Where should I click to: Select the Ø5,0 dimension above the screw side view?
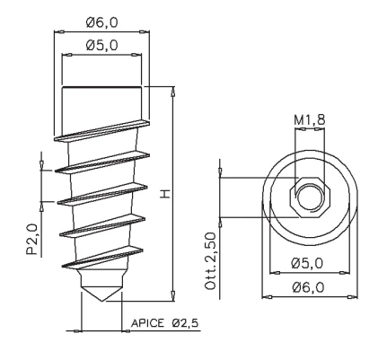[x=102, y=45]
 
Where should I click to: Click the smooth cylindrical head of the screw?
[x=101, y=103]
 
